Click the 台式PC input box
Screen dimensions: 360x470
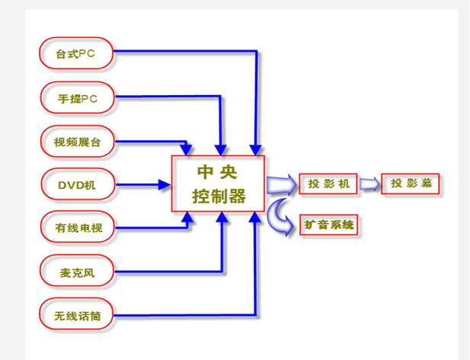pyautogui.click(x=75, y=53)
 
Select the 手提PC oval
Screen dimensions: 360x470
pyautogui.click(x=75, y=97)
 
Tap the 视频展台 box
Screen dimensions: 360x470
pyautogui.click(x=75, y=141)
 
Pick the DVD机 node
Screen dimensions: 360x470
pyautogui.click(x=75, y=184)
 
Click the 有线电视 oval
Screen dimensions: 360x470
pyautogui.click(x=75, y=227)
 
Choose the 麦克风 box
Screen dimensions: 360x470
pyautogui.click(x=75, y=270)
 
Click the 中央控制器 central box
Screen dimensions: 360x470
pyautogui.click(x=219, y=183)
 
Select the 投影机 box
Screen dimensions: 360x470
pyautogui.click(x=328, y=184)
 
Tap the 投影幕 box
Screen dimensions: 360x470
pyautogui.click(x=410, y=183)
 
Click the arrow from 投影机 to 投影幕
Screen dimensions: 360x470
pyautogui.click(x=369, y=184)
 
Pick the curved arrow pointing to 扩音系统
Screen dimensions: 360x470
pyautogui.click(x=280, y=215)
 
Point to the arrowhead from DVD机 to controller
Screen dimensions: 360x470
pyautogui.click(x=165, y=184)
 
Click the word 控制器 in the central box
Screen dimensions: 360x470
pyautogui.click(x=219, y=197)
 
